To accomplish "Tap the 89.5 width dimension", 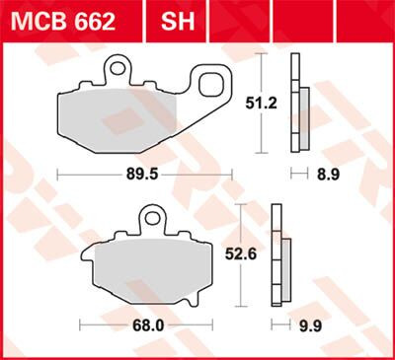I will (x=144, y=173).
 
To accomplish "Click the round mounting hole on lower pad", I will (x=151, y=217).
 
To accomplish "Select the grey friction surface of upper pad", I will (x=118, y=118).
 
